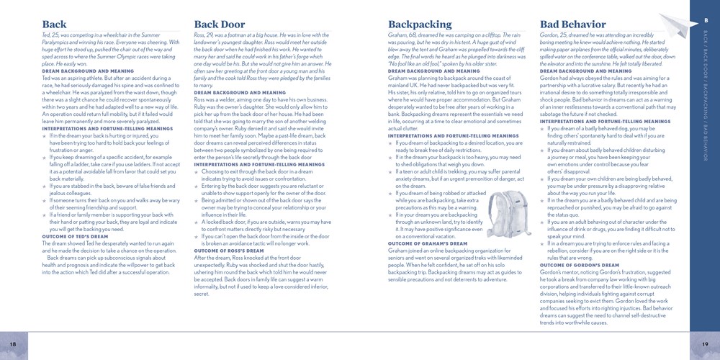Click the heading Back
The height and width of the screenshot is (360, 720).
pyautogui.click(x=55, y=25)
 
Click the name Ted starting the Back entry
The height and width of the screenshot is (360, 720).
pyautogui.click(x=47, y=35)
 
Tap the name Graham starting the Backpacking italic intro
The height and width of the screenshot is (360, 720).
pyautogui.click(x=398, y=35)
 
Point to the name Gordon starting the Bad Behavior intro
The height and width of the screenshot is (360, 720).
pyautogui.click(x=550, y=35)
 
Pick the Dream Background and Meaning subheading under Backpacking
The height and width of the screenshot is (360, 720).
pyautogui.click(x=433, y=71)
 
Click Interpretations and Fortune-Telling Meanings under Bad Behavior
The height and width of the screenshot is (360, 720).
pyautogui.click(x=595, y=122)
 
